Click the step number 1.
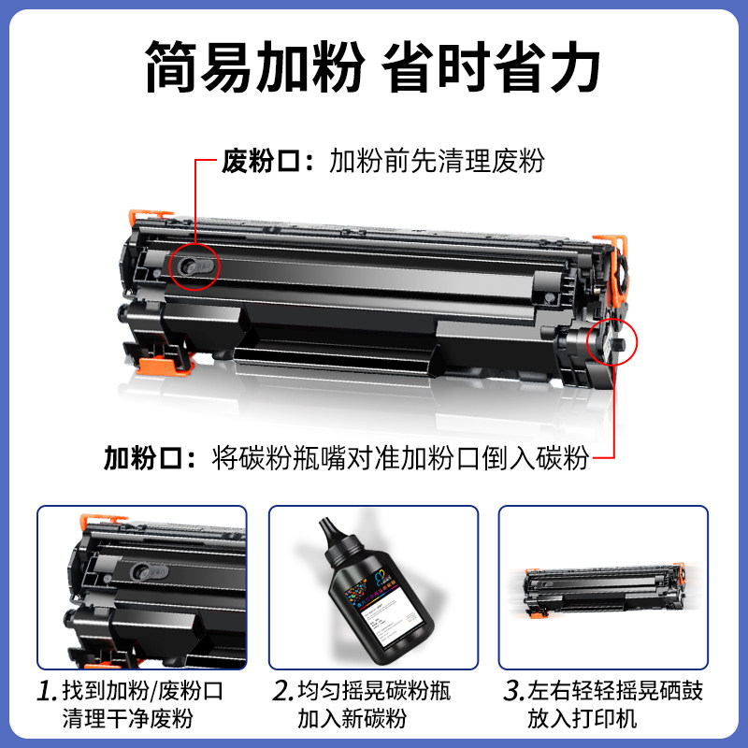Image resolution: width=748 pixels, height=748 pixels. point(47,693)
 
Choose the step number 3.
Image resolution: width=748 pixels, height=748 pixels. point(512,693)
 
